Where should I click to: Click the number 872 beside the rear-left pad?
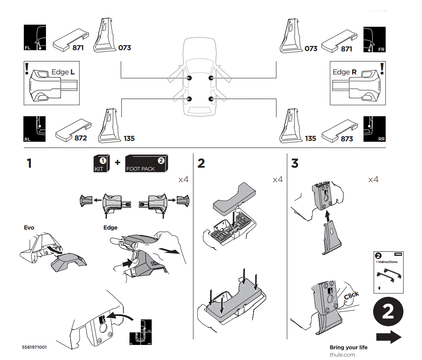click(81, 138)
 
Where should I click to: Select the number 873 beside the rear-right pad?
click(347, 139)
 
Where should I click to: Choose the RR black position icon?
click(374, 129)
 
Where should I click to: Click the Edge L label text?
click(63, 72)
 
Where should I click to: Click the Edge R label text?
click(345, 72)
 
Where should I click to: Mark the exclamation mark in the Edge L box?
click(27, 69)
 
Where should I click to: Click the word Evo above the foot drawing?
click(29, 228)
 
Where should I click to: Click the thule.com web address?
click(342, 355)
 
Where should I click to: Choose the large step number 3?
click(295, 163)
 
